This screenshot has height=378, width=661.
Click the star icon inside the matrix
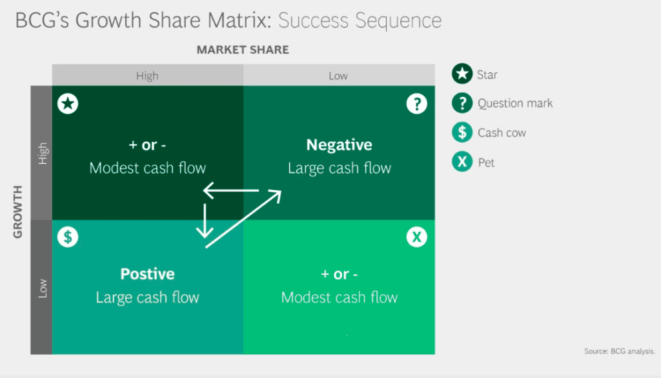[68, 104]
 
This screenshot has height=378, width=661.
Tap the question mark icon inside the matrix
[417, 104]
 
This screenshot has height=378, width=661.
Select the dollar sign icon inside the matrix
[68, 237]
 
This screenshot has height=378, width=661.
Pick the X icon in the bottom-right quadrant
[417, 237]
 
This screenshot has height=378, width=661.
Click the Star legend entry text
[487, 75]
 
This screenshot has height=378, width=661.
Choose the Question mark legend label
[515, 103]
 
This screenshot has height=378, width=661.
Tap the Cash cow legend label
[502, 133]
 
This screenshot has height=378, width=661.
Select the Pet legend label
[486, 163]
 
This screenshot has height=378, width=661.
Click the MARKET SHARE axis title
[243, 50]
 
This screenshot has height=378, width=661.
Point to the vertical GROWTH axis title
[17, 212]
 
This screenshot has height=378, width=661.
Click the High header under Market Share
[147, 75]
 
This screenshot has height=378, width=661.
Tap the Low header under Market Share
[338, 75]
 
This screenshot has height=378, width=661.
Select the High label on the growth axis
[43, 153]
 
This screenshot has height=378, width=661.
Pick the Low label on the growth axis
[43, 288]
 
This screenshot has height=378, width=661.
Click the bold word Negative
[339, 145]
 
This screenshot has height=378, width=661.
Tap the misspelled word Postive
[147, 274]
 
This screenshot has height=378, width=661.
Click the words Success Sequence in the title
[360, 21]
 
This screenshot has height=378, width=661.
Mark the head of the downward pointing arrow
[205, 234]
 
